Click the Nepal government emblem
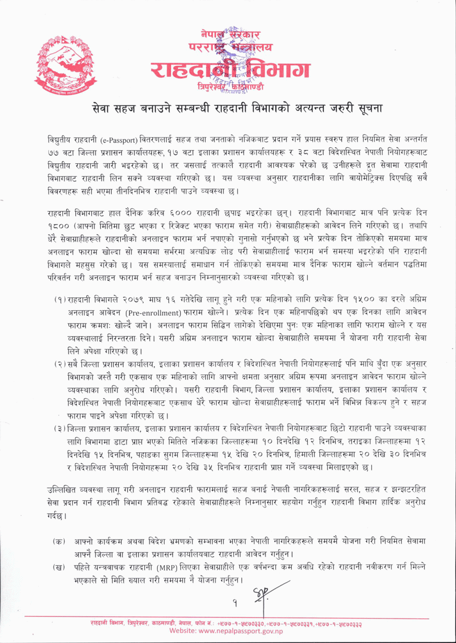(65, 64)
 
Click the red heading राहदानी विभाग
(230, 70)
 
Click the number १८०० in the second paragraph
(57, 226)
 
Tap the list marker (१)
(60, 300)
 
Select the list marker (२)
(60, 364)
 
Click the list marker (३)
(60, 429)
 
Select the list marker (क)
(58, 541)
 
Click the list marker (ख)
(58, 567)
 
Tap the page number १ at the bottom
(235, 603)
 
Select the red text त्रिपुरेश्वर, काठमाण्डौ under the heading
(230, 86)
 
